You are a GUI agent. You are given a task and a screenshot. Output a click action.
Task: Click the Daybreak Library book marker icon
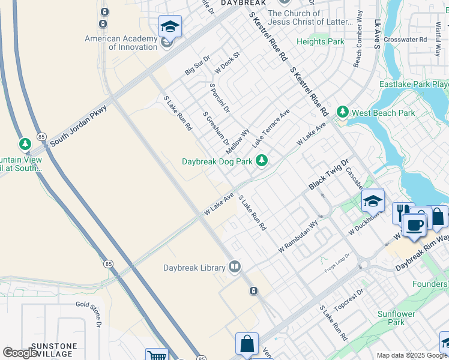pos(235,267)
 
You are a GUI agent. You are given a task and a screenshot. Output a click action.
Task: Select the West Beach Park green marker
pos(342,112)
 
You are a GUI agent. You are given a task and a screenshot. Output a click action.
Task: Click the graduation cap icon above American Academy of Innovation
pos(170,26)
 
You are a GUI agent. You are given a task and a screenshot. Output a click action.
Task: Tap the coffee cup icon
pos(414,226)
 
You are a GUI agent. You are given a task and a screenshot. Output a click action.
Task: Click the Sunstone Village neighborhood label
pos(54,350)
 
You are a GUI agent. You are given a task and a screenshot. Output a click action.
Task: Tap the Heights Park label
pos(321,41)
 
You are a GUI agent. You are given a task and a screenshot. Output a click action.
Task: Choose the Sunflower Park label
pos(396,318)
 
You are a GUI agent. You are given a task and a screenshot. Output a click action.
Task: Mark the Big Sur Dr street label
pos(197,65)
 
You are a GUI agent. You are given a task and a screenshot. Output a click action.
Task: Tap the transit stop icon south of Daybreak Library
pos(254,291)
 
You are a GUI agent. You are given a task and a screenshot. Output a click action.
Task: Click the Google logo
pos(20,353)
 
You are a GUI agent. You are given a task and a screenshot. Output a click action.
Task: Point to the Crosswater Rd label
pos(405,40)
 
